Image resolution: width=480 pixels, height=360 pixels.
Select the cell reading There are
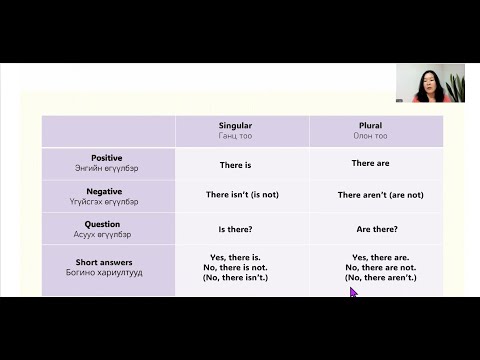pyautogui.click(x=371, y=163)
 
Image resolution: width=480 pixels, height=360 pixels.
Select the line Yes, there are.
pyautogui.click(x=381, y=257)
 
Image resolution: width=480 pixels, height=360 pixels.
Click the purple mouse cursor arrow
pyautogui.click(x=353, y=293)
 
